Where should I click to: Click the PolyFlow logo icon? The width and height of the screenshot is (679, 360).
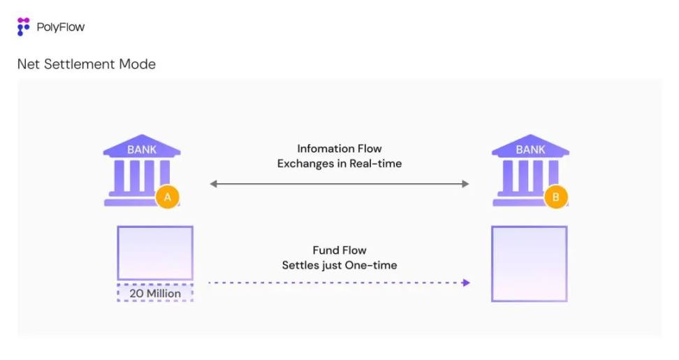point(24,27)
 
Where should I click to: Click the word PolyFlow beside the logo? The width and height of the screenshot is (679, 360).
point(61,28)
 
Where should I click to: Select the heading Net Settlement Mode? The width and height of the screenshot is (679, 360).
point(86,64)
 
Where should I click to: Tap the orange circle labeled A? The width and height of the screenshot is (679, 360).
point(167,198)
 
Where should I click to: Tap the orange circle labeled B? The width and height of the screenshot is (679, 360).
point(555,198)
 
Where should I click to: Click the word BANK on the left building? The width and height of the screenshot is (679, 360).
point(142,150)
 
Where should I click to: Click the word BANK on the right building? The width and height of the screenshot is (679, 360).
point(530,150)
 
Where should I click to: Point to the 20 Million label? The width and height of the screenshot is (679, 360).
point(155,294)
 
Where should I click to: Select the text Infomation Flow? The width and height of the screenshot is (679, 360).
point(339,148)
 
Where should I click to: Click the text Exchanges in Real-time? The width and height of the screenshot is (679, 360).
point(339,164)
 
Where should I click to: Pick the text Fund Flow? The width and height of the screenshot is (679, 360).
point(339,250)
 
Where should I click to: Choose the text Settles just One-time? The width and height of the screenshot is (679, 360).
point(339,266)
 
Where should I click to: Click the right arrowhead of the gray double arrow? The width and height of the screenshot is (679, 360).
point(465,184)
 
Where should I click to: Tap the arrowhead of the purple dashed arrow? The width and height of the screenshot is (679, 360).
point(466,282)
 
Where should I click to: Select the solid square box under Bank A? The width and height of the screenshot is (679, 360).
point(155,253)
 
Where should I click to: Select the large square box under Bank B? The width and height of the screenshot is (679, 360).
point(529,264)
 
